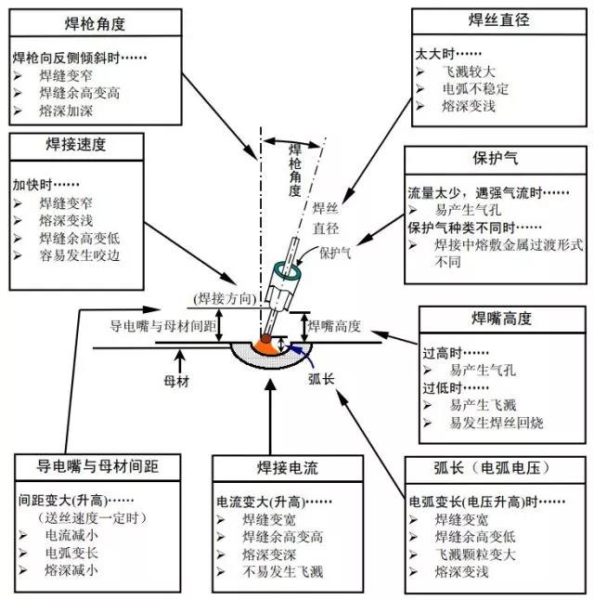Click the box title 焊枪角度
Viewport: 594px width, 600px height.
(x=95, y=24)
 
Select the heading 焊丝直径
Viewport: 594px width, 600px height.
(x=499, y=20)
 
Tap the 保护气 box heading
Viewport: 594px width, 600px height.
(x=496, y=158)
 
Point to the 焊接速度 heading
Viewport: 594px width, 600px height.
(x=76, y=145)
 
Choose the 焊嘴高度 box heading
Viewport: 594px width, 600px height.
(x=502, y=319)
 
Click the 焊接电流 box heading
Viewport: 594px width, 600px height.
(x=288, y=467)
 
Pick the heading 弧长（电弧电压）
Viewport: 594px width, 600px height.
(x=492, y=467)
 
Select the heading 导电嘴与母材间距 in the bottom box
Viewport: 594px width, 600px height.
(x=97, y=466)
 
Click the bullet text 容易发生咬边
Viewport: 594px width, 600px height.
(x=80, y=255)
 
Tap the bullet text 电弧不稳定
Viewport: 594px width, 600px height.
(x=475, y=89)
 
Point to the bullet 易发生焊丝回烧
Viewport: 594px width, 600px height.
(x=497, y=423)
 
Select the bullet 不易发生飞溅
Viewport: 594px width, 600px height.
(x=283, y=572)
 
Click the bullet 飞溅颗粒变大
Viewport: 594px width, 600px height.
(x=475, y=554)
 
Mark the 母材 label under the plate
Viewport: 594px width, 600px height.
(x=176, y=382)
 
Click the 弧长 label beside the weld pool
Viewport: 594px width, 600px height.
(x=321, y=379)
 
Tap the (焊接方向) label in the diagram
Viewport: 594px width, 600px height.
(x=225, y=298)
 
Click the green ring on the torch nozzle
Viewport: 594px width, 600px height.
(x=288, y=270)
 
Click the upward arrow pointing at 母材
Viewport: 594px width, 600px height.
(x=180, y=361)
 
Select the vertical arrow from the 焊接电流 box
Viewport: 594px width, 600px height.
(x=270, y=416)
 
